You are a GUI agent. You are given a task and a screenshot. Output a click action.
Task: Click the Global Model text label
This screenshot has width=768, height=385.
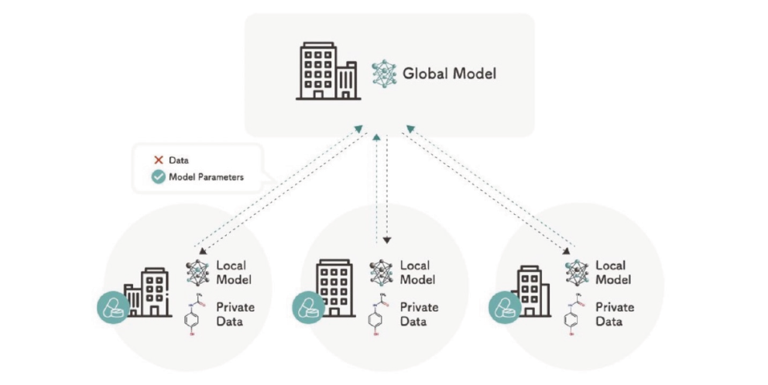[449, 74]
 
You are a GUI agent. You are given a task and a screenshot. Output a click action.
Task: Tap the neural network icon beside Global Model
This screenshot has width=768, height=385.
[384, 73]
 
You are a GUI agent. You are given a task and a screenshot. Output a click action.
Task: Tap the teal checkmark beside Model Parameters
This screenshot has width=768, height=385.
[158, 177]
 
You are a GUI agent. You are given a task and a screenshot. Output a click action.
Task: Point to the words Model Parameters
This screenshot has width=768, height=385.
[207, 177]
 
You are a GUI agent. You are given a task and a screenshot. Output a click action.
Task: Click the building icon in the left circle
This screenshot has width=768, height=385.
[147, 292]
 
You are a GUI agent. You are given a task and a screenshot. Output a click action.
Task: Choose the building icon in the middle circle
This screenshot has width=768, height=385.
[334, 288]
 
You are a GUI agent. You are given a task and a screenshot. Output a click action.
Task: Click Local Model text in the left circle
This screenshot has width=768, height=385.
[233, 273]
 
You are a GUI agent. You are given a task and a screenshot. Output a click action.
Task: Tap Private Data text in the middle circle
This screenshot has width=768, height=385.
[419, 314]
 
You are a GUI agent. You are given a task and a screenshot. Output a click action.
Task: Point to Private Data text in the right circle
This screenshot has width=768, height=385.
[615, 314]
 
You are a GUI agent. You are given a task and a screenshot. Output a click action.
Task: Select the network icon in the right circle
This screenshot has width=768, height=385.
[576, 273]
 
